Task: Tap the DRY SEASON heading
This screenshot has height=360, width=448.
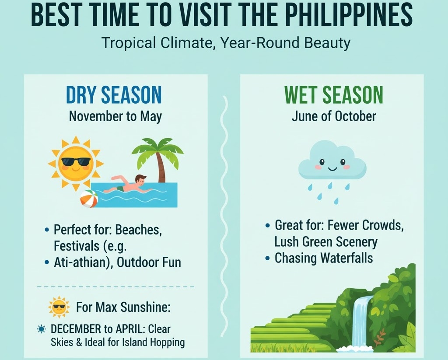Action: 114,94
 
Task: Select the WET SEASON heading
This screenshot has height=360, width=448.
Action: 333,94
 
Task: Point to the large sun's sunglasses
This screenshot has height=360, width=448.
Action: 76,162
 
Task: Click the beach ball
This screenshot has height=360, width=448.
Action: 89,199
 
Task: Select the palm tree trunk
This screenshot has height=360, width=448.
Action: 161,168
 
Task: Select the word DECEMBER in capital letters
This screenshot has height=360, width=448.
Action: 76,329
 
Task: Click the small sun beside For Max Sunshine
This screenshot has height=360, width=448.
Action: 59,307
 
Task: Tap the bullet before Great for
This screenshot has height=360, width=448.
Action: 267,225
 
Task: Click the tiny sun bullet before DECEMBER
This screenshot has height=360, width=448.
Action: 42,329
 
